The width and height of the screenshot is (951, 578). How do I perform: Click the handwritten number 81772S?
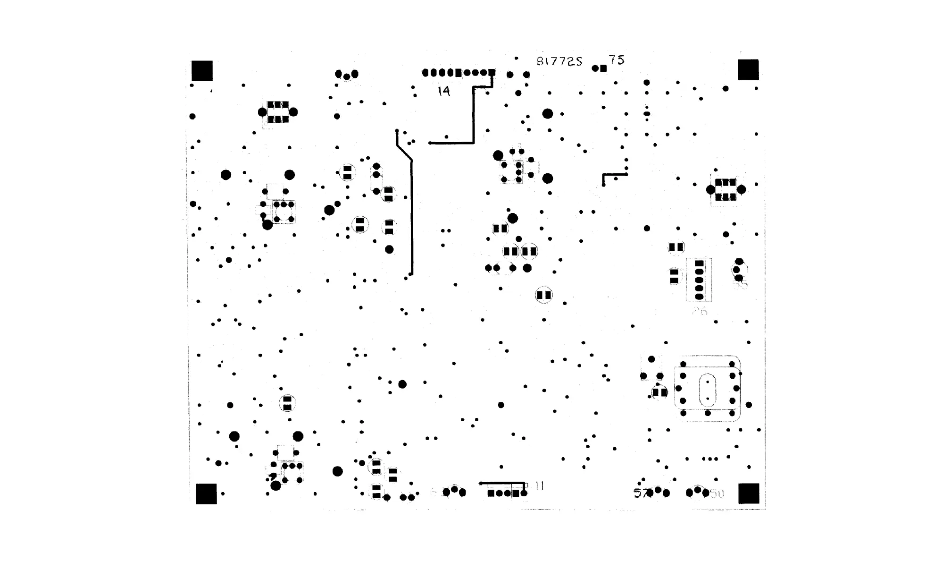559,61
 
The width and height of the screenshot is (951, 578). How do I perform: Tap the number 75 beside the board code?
616,60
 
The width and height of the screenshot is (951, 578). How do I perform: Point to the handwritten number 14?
444,91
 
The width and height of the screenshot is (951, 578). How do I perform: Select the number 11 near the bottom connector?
540,486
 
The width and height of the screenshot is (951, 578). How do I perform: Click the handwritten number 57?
641,493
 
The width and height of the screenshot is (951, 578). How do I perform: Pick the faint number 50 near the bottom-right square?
716,494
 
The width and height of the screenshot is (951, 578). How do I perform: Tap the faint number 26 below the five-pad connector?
700,311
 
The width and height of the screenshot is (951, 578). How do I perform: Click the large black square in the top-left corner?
202,71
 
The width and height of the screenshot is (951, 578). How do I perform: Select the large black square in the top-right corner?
748,70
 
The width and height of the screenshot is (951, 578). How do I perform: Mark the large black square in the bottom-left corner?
206,494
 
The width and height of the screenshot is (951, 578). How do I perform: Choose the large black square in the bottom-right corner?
749,493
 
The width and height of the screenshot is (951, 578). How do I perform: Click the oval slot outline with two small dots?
708,390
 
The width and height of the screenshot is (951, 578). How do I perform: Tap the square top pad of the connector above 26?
699,263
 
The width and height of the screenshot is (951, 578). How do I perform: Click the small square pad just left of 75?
603,68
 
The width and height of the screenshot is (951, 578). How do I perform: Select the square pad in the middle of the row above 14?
458,73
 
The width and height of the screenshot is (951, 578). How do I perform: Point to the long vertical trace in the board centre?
411,217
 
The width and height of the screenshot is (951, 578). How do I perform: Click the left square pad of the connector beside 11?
491,493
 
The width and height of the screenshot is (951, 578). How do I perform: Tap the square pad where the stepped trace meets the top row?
492,73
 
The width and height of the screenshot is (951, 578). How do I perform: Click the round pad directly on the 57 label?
650,493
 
